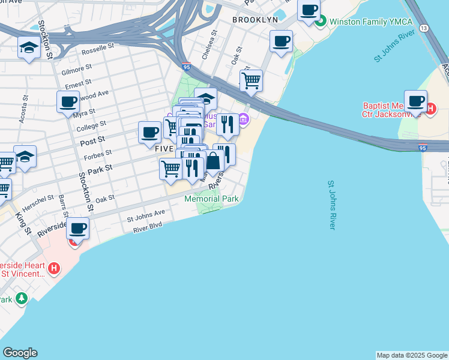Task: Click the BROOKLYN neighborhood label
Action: click(255, 20)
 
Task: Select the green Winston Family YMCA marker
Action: click(321, 22)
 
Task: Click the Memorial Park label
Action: click(211, 199)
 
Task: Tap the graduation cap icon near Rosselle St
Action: click(29, 47)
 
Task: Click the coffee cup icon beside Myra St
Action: click(68, 101)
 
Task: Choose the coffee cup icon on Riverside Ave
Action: click(77, 228)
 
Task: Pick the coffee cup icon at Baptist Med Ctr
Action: click(415, 100)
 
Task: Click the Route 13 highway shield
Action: click(424, 28)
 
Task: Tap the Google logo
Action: click(20, 353)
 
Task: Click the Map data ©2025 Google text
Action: click(412, 355)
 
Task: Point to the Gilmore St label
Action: click(76, 70)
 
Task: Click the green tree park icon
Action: click(22, 298)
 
